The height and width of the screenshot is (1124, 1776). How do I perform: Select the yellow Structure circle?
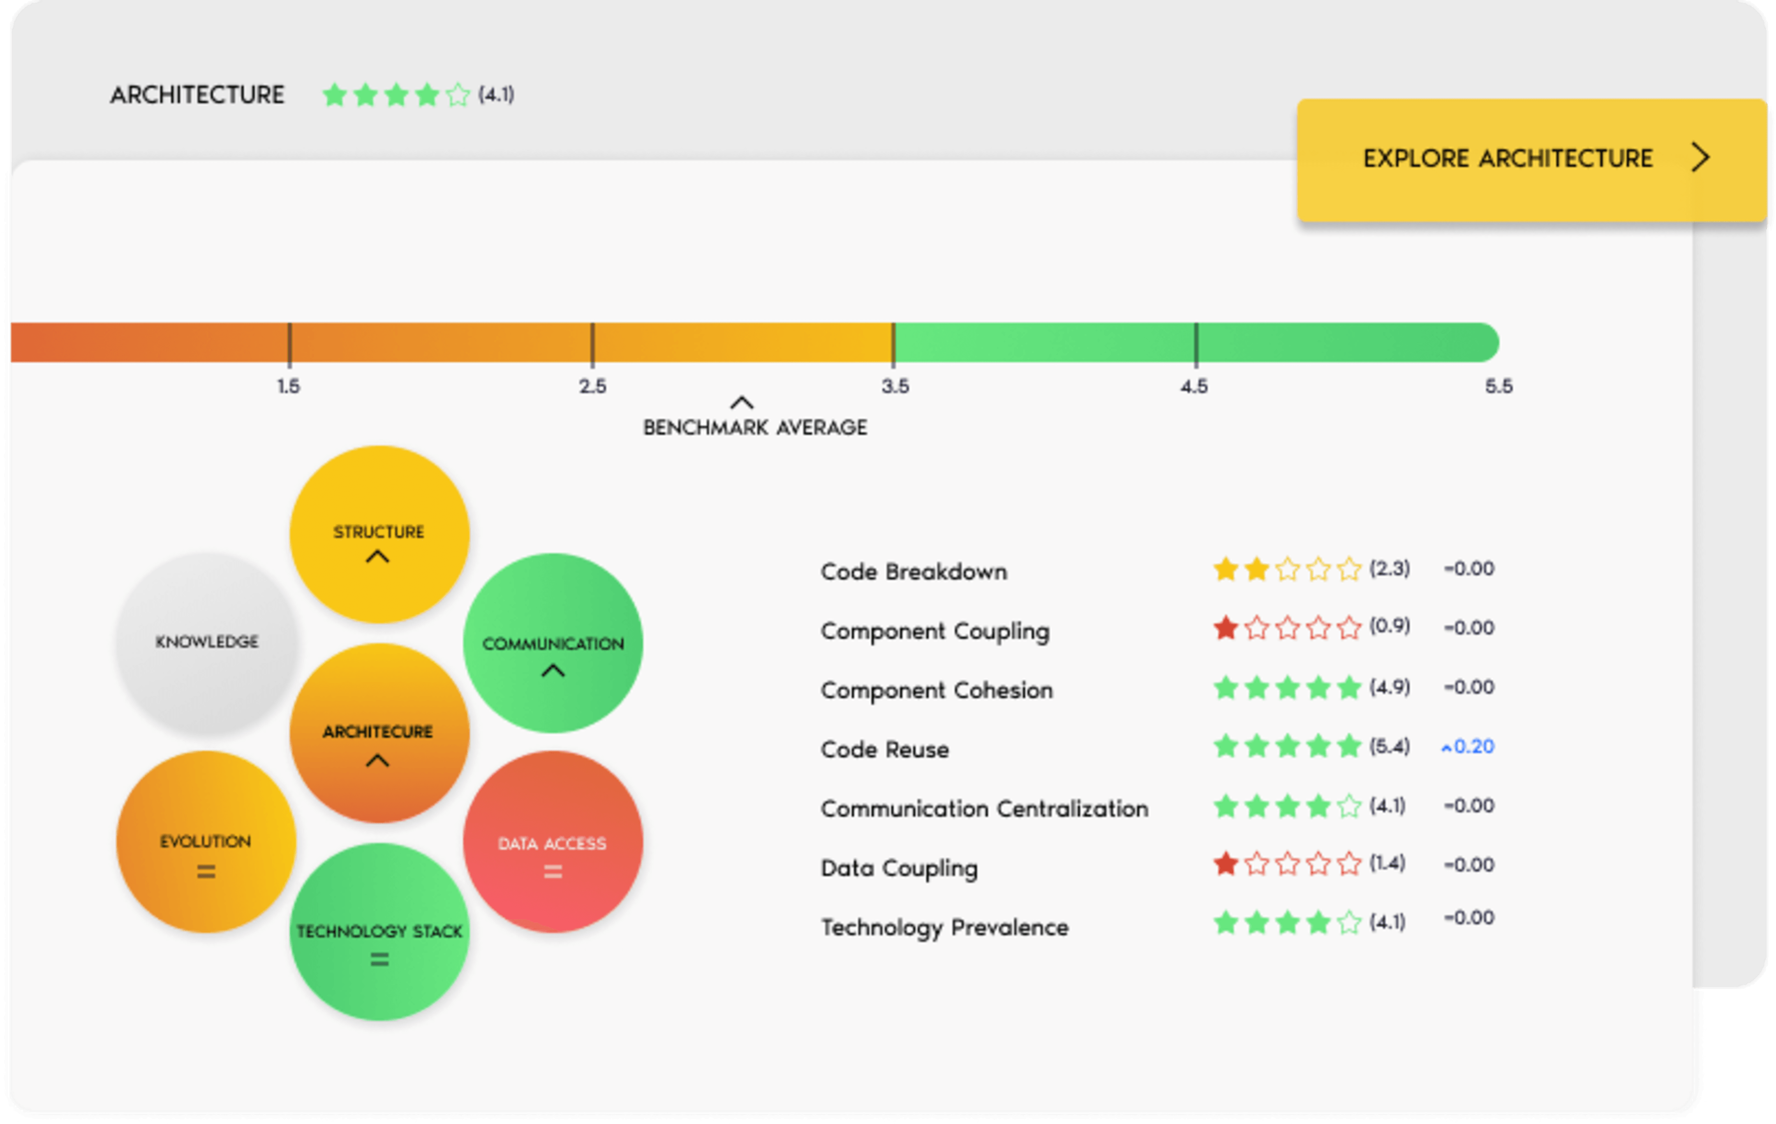tap(379, 534)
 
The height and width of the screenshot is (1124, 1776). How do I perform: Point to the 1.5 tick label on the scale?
tap(288, 386)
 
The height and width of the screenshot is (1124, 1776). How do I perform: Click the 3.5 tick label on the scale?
tap(895, 386)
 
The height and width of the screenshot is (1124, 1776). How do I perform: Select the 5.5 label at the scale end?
tap(1498, 386)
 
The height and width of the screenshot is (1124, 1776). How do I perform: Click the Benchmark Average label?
tap(754, 427)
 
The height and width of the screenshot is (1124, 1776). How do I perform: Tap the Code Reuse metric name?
tap(884, 749)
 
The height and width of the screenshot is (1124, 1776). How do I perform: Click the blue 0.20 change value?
tap(1473, 746)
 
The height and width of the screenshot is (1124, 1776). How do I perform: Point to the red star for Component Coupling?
tap(1225, 628)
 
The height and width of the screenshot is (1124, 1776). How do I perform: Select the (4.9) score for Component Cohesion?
tap(1390, 687)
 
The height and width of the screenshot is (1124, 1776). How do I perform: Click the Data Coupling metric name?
tap(899, 868)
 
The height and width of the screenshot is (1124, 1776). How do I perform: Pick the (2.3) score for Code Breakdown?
tap(1390, 569)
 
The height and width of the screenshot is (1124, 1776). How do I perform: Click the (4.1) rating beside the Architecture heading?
tap(496, 95)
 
